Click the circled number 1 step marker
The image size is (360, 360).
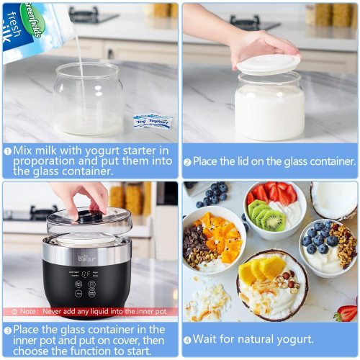tap(8, 150)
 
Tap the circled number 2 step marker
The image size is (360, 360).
tap(187, 163)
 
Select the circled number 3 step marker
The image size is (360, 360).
tap(8, 329)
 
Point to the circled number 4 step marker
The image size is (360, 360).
tap(187, 339)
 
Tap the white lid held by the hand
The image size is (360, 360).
tap(268, 64)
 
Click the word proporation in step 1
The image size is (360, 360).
tap(43, 162)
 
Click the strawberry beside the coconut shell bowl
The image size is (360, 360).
tap(346, 312)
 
